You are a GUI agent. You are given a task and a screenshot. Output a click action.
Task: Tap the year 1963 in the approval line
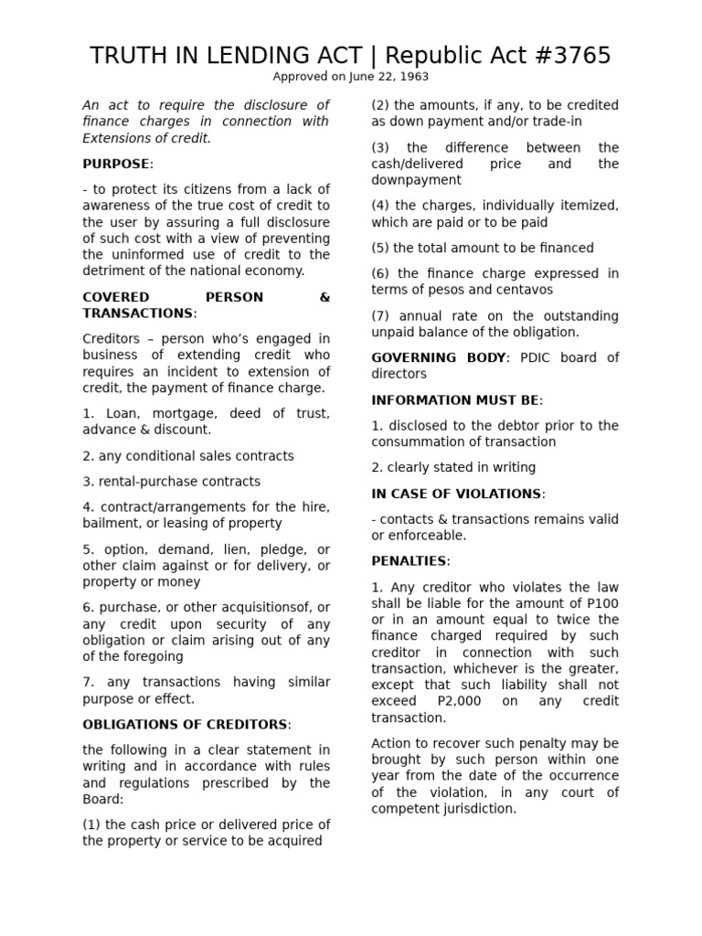point(411,77)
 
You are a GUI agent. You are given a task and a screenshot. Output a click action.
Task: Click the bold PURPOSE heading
point(116,164)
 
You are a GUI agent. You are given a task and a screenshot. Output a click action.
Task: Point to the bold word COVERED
point(109,297)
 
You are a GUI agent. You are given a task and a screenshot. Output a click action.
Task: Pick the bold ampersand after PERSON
point(324,297)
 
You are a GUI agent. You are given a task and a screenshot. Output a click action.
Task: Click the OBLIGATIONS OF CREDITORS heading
point(185,725)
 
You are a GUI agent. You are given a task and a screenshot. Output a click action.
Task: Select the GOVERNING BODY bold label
point(439,357)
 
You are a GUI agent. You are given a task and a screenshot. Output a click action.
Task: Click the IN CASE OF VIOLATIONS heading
point(456,494)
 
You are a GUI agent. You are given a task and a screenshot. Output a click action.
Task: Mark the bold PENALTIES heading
point(409,560)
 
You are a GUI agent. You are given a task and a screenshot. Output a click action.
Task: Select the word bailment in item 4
point(109,524)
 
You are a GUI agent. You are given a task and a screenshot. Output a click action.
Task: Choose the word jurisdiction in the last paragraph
point(479,809)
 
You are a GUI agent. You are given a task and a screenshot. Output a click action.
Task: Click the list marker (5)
point(379,248)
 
